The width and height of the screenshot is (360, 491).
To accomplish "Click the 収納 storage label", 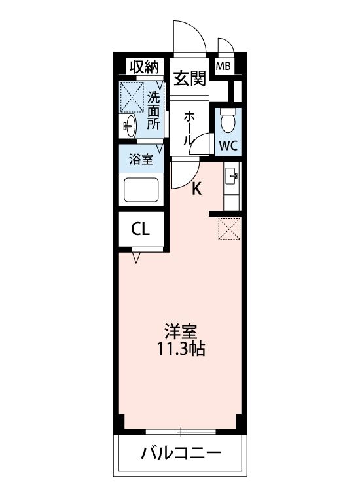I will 144,66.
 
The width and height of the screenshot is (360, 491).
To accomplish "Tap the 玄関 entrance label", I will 189,79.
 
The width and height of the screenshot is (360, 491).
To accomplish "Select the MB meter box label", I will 223,66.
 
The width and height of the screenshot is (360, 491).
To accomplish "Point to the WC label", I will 228,145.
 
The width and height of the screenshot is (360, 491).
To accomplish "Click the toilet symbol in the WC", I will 228,121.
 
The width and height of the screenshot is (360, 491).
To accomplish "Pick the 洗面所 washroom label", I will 153,111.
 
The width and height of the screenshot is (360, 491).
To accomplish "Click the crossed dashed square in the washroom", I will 132,97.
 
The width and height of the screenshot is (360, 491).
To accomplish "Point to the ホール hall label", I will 189,128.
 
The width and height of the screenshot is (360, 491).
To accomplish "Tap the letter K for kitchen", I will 196,190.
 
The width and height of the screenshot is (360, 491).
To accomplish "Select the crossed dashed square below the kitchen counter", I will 230,228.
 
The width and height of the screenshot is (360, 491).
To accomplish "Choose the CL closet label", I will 141,229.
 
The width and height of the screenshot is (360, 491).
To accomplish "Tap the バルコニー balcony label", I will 181,453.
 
